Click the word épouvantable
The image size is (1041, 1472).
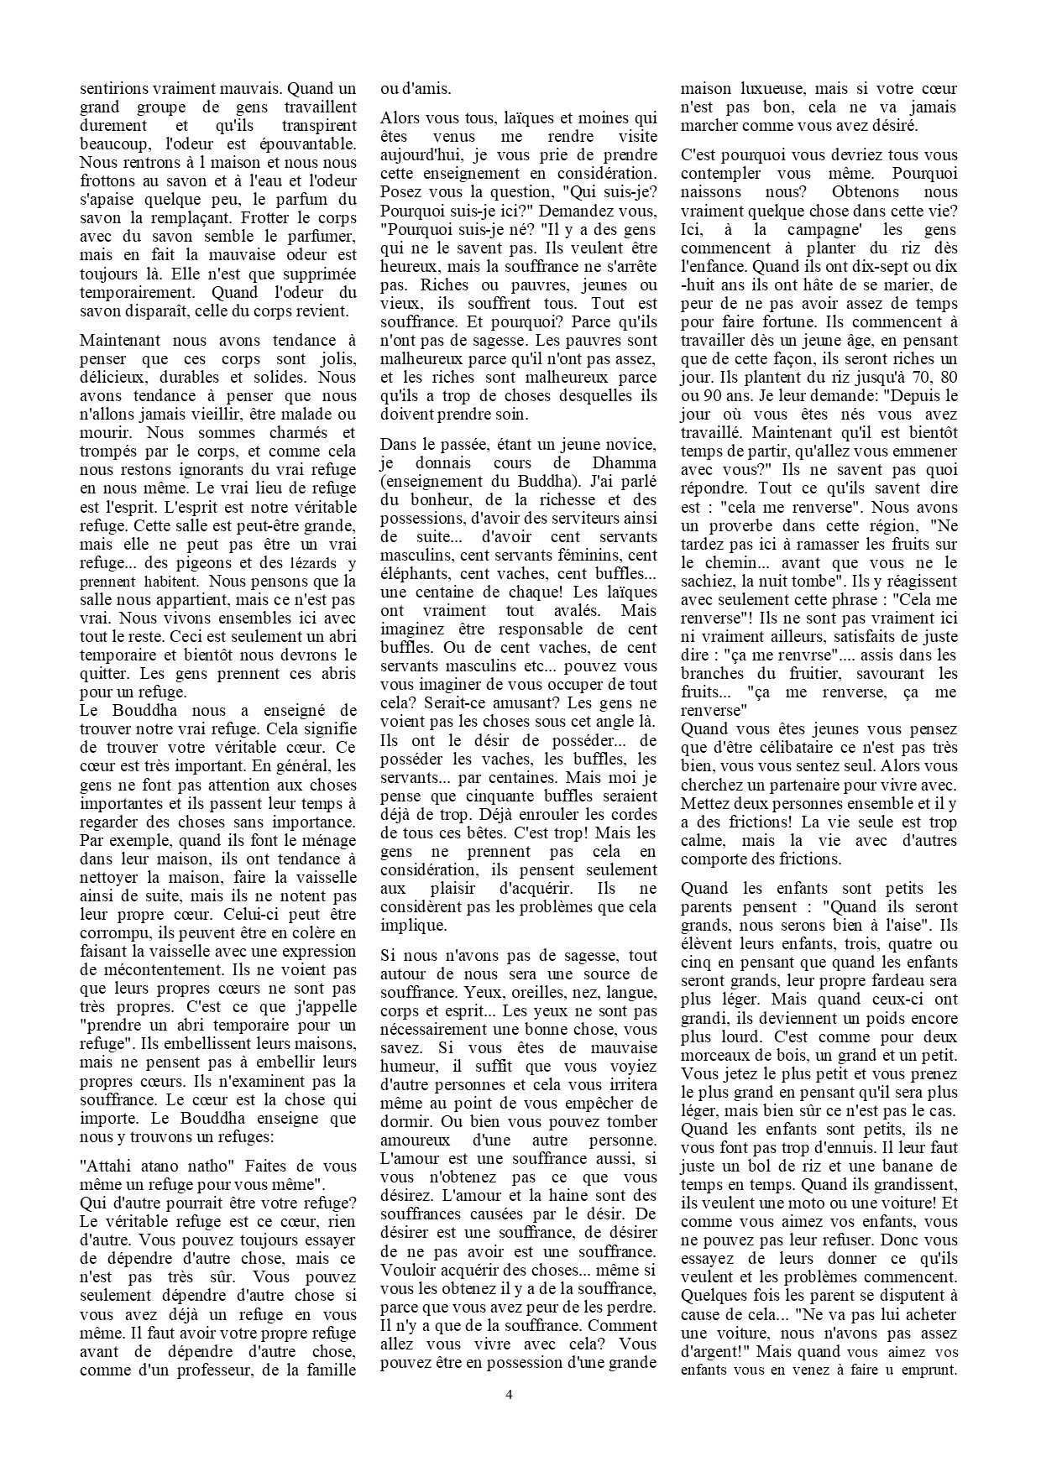point(306,144)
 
